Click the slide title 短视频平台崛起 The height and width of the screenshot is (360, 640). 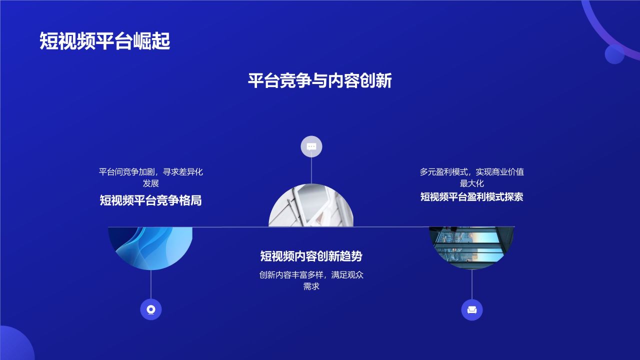[105, 41]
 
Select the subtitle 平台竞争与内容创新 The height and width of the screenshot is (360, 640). [320, 80]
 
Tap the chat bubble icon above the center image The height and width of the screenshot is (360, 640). [311, 146]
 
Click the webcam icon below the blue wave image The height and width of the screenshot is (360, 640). [151, 309]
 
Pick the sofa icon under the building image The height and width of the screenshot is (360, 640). [471, 310]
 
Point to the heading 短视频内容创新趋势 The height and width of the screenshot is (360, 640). [311, 256]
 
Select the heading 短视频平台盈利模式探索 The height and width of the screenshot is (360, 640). [471, 196]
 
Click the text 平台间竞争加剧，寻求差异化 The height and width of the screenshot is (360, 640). [150, 172]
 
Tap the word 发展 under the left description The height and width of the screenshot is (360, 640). [150, 183]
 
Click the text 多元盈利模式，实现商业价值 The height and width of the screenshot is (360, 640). [471, 172]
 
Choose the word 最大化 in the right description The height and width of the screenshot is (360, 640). [471, 183]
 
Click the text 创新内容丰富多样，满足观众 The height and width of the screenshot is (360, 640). [311, 275]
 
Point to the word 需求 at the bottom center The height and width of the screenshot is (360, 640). [311, 286]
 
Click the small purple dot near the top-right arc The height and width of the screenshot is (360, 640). [614, 54]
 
